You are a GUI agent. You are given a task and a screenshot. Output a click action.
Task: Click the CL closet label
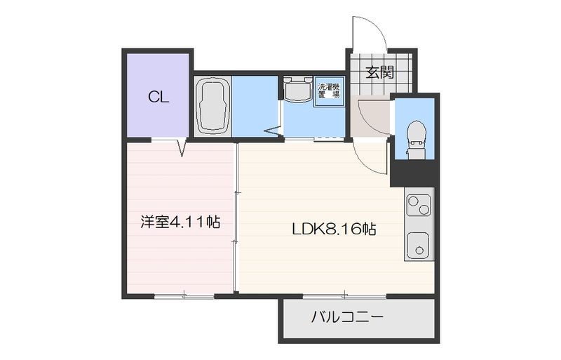[x=158, y=98]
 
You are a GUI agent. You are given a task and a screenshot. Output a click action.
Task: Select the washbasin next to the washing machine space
[x=297, y=89]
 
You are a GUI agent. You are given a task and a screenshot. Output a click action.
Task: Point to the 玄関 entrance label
[x=379, y=72]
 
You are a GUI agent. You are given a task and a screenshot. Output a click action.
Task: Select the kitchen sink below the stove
[x=419, y=245]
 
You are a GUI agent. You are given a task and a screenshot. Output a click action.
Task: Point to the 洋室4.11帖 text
[x=180, y=223]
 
